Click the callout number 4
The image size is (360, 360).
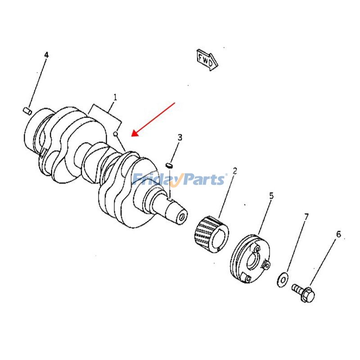click(46, 55)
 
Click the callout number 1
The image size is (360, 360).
click(115, 97)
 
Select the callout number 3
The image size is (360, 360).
click(180, 137)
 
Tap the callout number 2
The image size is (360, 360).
click(234, 171)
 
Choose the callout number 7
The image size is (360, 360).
click(306, 217)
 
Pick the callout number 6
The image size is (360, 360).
click(338, 234)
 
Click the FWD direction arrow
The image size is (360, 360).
click(207, 59)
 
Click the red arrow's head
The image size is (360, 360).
click(133, 134)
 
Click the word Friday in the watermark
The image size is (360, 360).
click(156, 180)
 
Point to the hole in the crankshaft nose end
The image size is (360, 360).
click(181, 217)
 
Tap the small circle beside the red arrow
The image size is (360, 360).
click(116, 133)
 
